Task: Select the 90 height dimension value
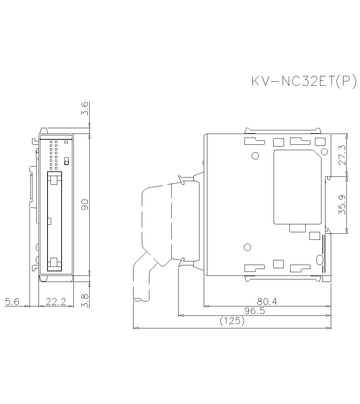(85, 205)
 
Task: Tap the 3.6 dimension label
(85, 108)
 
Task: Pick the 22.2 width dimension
(56, 302)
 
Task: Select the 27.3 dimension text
(342, 155)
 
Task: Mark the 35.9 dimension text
(342, 205)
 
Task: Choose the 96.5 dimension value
(255, 311)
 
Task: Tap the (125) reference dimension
(232, 321)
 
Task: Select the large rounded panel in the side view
(297, 187)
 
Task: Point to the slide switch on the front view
(66, 161)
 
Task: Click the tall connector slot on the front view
(54, 221)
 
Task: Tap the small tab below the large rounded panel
(298, 228)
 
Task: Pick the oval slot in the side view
(319, 260)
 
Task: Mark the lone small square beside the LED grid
(66, 142)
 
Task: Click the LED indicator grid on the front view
(54, 154)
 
